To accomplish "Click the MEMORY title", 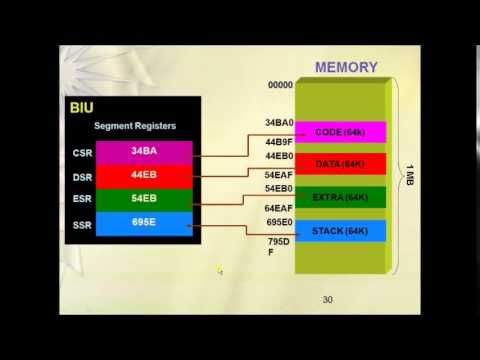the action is point(346,68).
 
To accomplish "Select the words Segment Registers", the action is point(134,126).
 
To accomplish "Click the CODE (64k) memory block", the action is point(342,132).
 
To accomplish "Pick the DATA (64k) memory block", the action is point(342,164).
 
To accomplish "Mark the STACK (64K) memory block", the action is point(342,231).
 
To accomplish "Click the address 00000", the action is point(279,86).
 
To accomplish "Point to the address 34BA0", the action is point(279,123).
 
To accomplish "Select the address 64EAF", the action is point(279,208).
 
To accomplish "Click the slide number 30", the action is point(327,300).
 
